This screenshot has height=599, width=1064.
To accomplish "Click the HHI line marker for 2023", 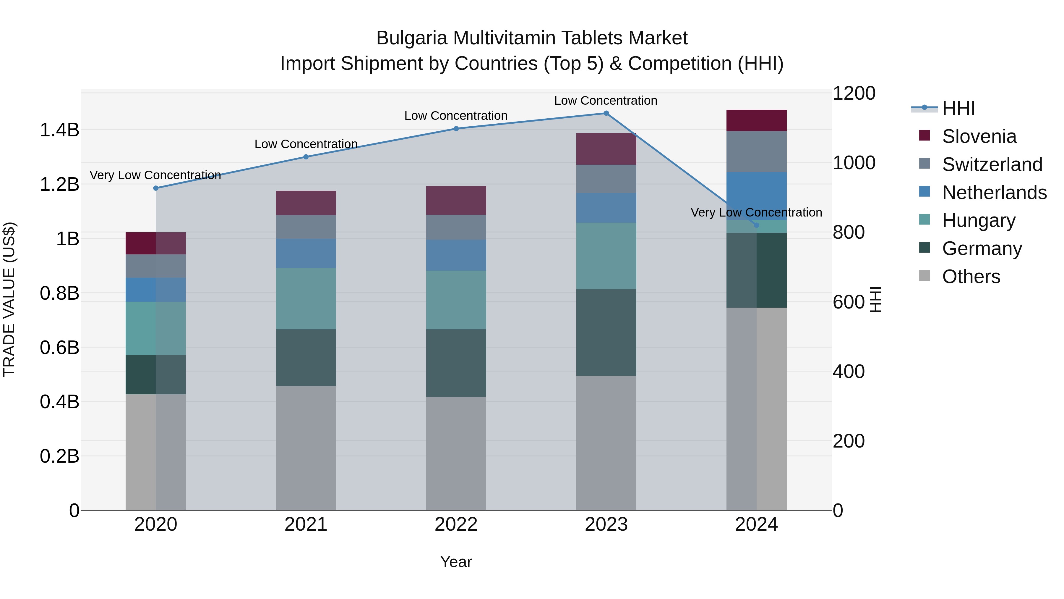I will (606, 113).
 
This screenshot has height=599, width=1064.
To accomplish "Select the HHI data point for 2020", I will (156, 188).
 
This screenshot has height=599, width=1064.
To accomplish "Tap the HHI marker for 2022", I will (456, 129).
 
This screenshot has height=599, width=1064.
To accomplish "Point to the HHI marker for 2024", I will (756, 225).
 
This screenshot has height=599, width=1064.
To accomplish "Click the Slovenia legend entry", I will (979, 136).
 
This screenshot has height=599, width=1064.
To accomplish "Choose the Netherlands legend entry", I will (994, 193).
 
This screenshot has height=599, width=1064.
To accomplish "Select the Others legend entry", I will (971, 277).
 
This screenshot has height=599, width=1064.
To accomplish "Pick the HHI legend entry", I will (958, 108).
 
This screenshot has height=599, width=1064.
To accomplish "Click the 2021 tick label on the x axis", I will (306, 524).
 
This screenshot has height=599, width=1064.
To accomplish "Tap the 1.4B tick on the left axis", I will (59, 130).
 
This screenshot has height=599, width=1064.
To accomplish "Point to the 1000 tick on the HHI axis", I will (853, 163).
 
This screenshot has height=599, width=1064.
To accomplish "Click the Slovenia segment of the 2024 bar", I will (756, 120).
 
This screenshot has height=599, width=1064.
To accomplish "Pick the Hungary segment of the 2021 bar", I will (306, 298).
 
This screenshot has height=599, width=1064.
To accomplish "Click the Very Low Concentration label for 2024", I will (756, 212).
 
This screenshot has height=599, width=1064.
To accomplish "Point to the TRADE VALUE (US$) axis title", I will (9, 299).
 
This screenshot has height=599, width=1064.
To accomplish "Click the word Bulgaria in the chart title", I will (411, 38).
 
